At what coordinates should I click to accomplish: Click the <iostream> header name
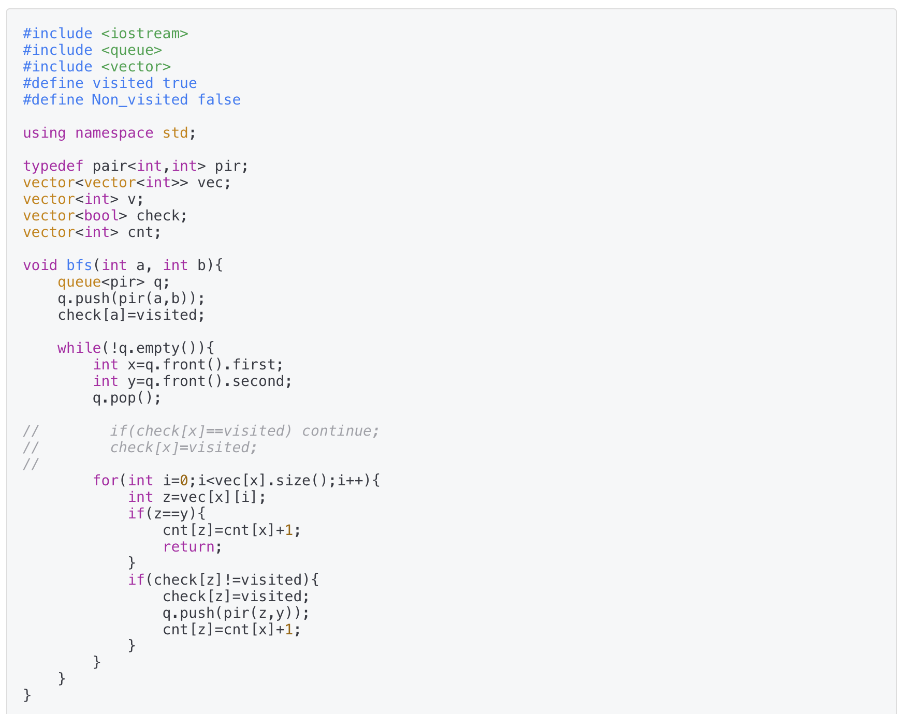[144, 34]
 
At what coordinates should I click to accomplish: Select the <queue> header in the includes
[132, 50]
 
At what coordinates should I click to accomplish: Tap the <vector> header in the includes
[136, 67]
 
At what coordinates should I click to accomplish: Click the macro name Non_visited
[140, 100]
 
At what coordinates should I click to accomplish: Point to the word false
[219, 100]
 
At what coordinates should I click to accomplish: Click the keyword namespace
[114, 133]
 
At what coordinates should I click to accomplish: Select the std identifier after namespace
[175, 133]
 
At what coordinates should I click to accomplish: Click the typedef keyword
[53, 166]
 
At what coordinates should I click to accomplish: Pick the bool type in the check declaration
[101, 216]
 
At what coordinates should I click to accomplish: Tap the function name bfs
[79, 265]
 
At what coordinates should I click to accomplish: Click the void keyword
[40, 265]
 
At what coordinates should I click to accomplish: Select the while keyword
[79, 348]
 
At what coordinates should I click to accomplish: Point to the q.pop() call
[127, 398]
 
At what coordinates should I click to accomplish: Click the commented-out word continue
[340, 431]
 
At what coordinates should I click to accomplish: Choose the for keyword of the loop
[105, 481]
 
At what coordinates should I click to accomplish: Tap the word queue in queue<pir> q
[79, 282]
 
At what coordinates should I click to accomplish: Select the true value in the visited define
[179, 83]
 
